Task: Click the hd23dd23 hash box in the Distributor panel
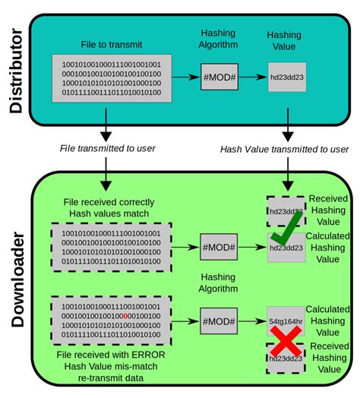[x=287, y=78]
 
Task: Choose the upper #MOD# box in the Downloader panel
[x=218, y=247]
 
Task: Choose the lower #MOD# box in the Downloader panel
[x=218, y=317]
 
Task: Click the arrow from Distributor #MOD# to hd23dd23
[x=253, y=78]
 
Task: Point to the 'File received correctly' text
[x=110, y=202]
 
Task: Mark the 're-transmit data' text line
[x=110, y=379]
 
